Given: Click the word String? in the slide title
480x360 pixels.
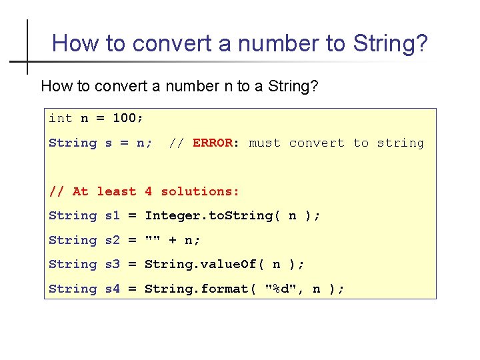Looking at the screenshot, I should (390, 44).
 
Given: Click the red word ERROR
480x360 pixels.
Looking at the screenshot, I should (213, 143).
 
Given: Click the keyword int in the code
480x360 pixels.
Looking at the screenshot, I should (61, 119).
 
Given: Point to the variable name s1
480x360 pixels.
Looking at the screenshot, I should (113, 215).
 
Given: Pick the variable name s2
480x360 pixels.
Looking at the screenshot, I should (113, 240).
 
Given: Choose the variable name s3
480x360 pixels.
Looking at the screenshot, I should (113, 264).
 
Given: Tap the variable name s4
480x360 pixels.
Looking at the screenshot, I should (113, 289).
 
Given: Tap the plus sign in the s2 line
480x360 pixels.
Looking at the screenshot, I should (173, 240).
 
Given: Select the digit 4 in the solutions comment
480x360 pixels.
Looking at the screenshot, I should (148, 191).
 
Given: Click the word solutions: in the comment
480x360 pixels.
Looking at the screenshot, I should (201, 191).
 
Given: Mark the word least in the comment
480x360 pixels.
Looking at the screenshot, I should (117, 191).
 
